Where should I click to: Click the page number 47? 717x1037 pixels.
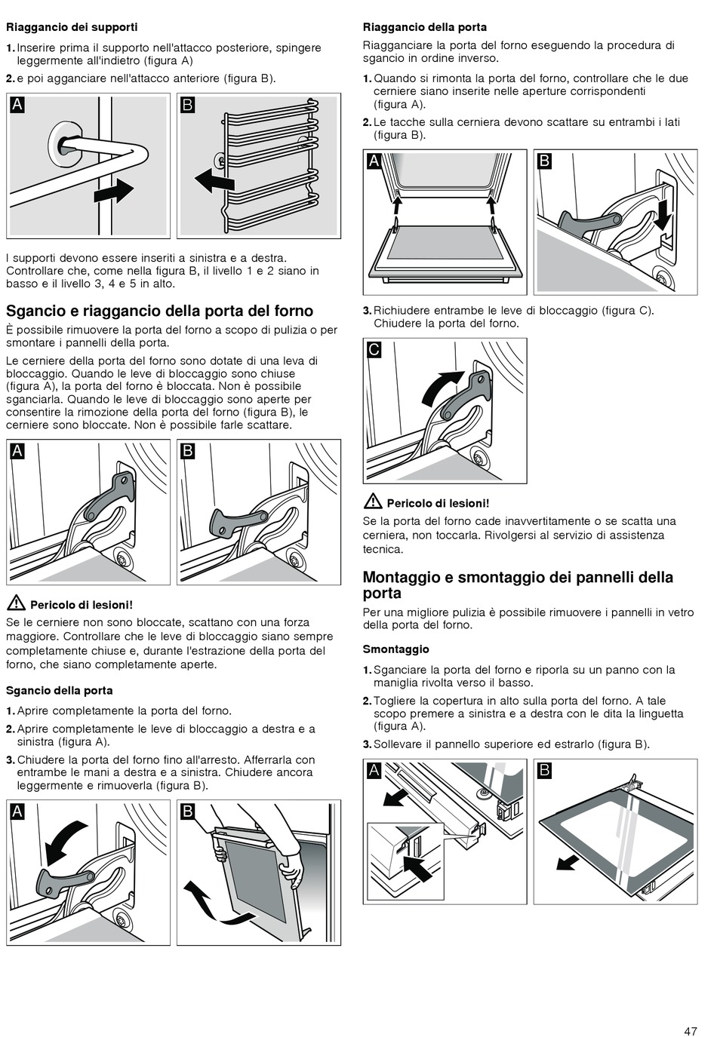pyautogui.click(x=691, y=1031)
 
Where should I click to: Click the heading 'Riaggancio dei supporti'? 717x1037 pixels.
pyautogui.click(x=72, y=27)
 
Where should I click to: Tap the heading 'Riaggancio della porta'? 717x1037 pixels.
pyautogui.click(x=425, y=27)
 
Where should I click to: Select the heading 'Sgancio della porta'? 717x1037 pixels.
pyautogui.click(x=60, y=690)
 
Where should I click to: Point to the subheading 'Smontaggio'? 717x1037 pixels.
pyautogui.click(x=396, y=649)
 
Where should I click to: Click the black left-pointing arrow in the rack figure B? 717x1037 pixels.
pyautogui.click(x=214, y=181)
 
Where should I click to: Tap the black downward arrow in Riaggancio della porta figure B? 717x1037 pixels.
pyautogui.click(x=663, y=214)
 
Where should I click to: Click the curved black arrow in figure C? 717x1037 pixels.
pyautogui.click(x=441, y=388)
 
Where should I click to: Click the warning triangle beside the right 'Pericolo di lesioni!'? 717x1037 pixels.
pyautogui.click(x=372, y=502)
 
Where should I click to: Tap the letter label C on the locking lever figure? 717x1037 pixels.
pyautogui.click(x=374, y=350)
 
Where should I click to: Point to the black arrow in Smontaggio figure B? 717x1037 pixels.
pyautogui.click(x=568, y=861)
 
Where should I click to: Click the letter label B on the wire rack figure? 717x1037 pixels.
pyautogui.click(x=188, y=105)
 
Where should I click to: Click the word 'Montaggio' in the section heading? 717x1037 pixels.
pyautogui.click(x=400, y=577)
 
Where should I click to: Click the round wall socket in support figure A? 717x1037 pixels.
pyautogui.click(x=66, y=145)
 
